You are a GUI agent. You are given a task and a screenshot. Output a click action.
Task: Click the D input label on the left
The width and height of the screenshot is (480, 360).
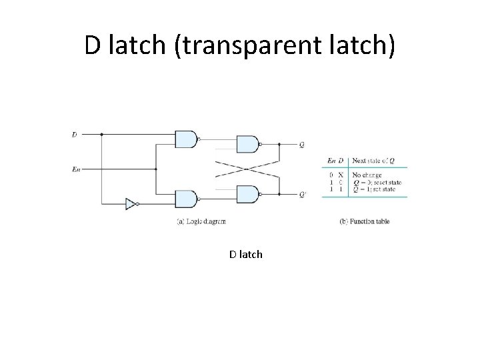74,134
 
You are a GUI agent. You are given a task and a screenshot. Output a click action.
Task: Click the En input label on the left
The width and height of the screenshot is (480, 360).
75,169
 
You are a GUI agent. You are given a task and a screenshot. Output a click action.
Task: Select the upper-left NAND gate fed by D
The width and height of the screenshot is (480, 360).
186,139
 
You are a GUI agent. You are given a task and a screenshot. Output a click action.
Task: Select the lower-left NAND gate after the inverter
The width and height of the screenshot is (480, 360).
186,198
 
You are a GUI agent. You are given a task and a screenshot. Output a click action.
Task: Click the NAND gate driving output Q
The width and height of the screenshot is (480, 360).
247,143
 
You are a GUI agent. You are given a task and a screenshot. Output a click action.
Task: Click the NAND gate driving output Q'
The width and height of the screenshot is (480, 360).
247,194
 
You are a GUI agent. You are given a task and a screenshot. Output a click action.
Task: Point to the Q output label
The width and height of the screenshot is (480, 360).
302,144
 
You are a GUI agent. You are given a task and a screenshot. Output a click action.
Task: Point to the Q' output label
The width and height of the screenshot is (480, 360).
303,195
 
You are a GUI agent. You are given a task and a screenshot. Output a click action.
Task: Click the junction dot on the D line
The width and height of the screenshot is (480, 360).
101,134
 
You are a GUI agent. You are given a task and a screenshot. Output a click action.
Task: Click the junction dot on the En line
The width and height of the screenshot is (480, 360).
155,169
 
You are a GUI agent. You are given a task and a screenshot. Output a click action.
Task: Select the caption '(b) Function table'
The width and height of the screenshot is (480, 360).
364,221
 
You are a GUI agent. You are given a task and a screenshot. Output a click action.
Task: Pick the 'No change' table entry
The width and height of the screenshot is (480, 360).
368,175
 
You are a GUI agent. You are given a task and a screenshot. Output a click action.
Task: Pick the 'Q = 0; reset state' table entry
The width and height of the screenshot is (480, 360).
377,182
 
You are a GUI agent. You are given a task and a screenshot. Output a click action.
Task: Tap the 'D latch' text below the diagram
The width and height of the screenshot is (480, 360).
246,254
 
